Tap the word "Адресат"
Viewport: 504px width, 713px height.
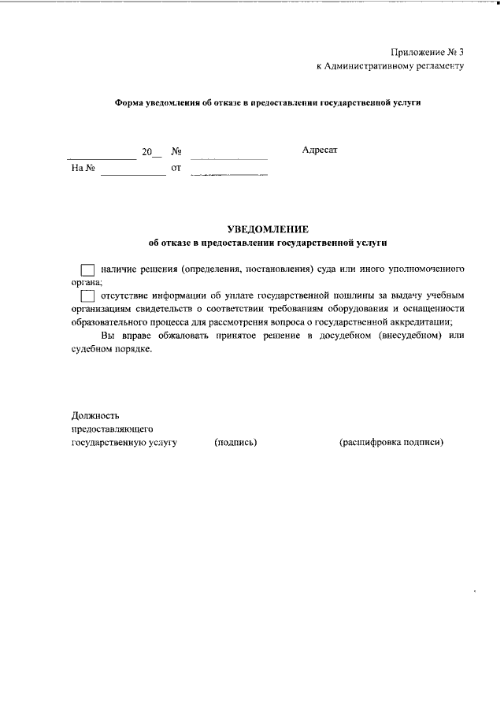(320, 150)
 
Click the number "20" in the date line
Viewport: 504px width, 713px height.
(146, 152)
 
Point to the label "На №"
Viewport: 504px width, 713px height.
(83, 168)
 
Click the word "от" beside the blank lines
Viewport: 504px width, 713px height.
(176, 168)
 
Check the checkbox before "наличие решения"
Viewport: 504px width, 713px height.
(88, 269)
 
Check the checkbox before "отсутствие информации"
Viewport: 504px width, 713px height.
(88, 296)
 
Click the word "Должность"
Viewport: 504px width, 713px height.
(96, 414)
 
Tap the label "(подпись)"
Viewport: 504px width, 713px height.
(235, 442)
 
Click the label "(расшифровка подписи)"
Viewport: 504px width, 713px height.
(391, 442)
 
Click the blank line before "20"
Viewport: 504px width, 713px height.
(102, 158)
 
